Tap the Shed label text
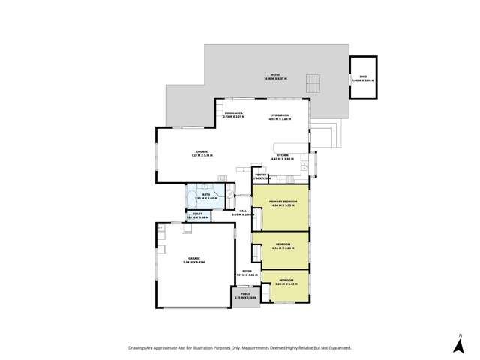point(363,77)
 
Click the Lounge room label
point(202,152)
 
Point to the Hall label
point(243,212)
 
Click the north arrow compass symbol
point(458,346)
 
